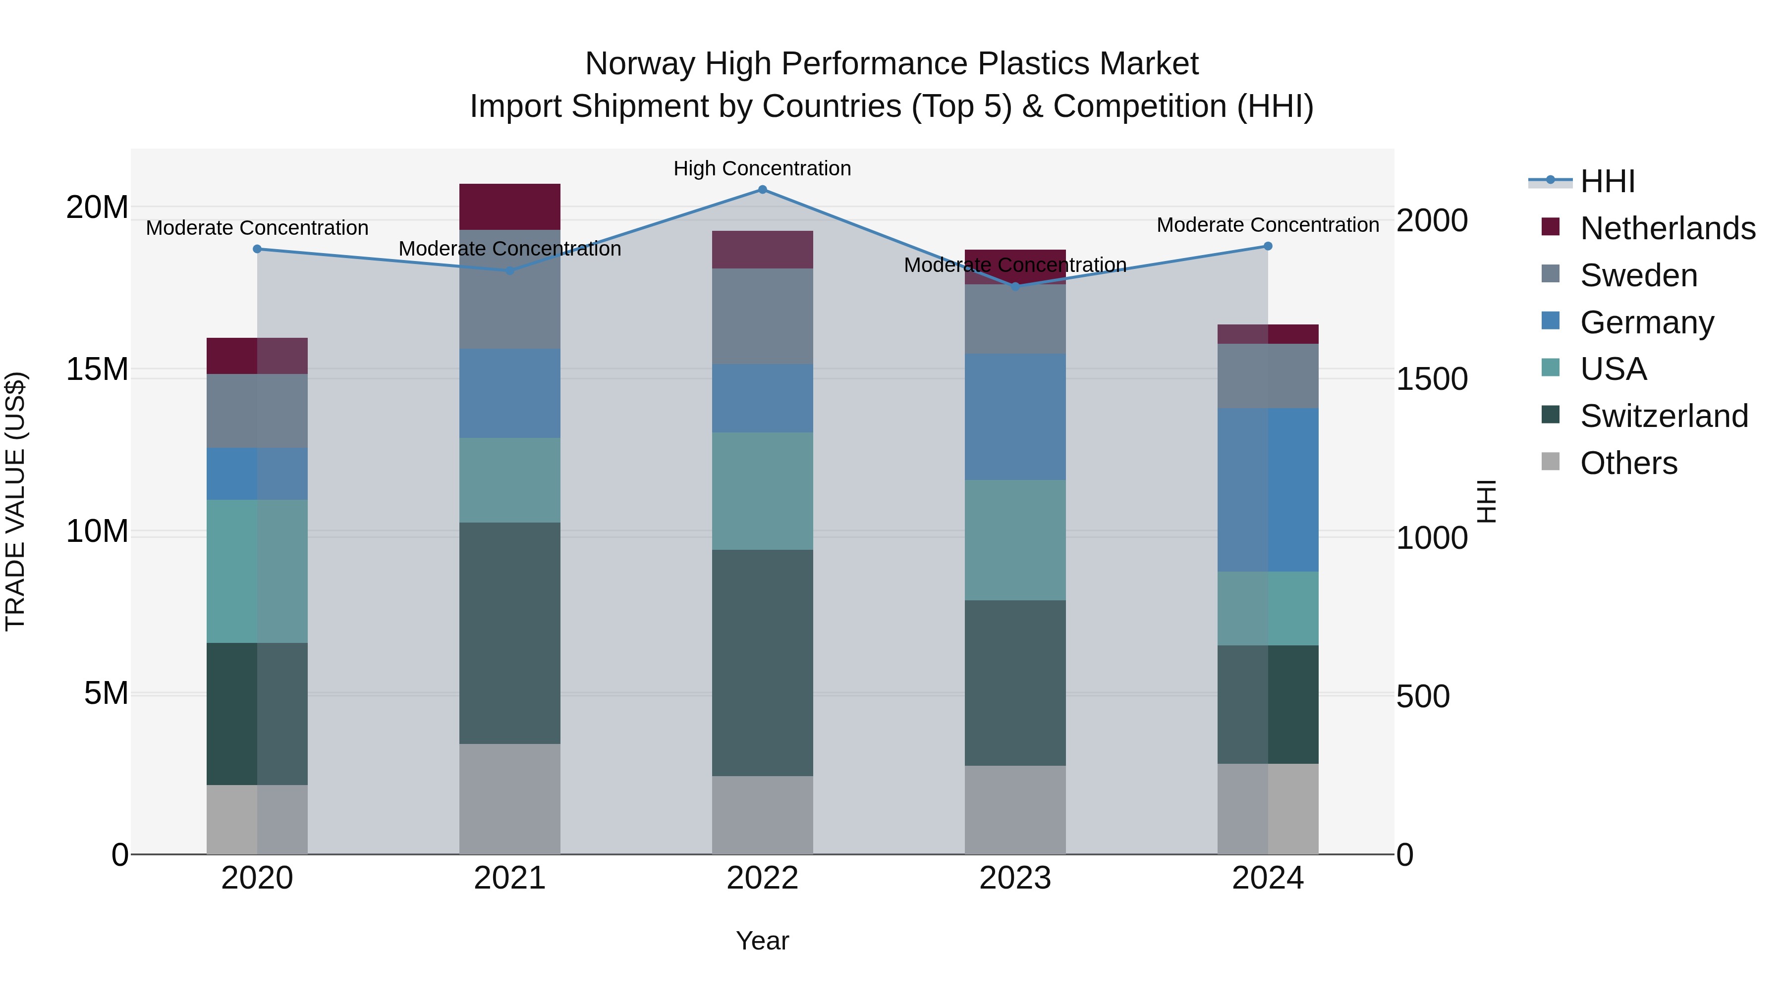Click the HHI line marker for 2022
coord(763,190)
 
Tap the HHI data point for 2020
coord(257,249)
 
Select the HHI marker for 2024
coord(1268,247)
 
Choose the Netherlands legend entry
coord(1667,228)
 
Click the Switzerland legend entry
coord(1664,416)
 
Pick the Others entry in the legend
coord(1628,463)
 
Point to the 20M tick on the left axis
coord(97,207)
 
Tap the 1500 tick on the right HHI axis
coord(1432,379)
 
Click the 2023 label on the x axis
coord(1015,878)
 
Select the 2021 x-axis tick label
coord(510,878)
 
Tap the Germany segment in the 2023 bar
coord(1015,417)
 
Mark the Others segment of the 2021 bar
coord(510,799)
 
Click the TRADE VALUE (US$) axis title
coord(15,501)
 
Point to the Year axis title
coord(763,942)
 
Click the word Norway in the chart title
coord(639,64)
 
